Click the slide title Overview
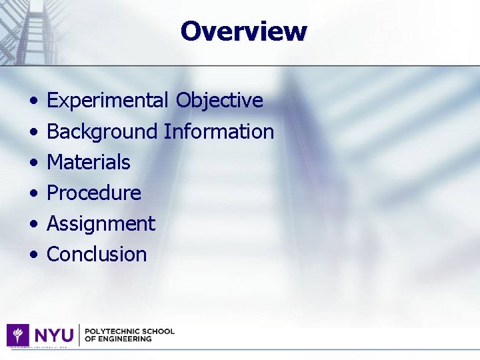[243, 31]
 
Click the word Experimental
[107, 101]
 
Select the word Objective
[219, 101]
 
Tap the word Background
[102, 132]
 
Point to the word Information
[219, 131]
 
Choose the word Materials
[89, 162]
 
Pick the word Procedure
[94, 193]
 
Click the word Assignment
[101, 224]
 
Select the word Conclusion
[97, 254]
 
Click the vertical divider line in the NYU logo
[79, 335]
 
